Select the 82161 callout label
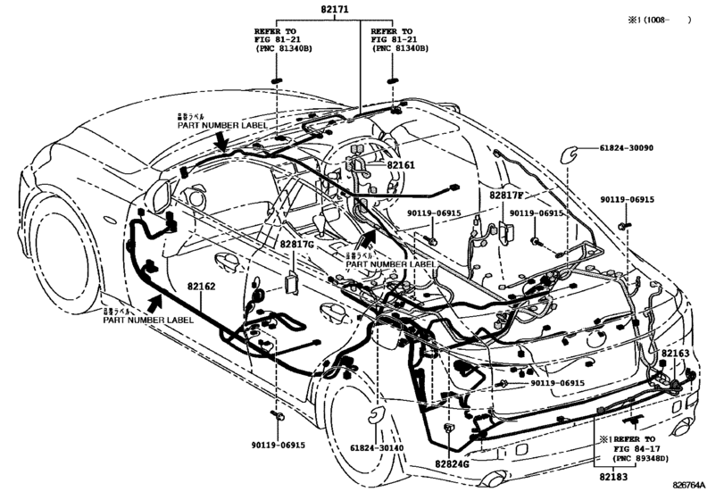(x=401, y=166)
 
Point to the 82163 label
(x=676, y=354)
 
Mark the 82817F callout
(x=506, y=194)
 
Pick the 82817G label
(x=297, y=243)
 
